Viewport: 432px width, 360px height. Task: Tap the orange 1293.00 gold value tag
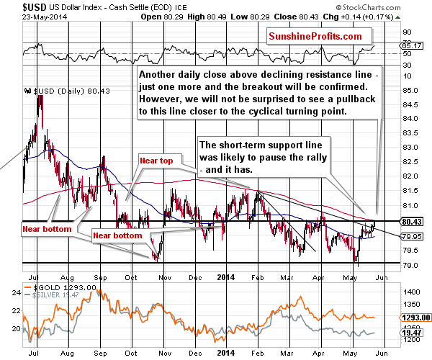point(416,317)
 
